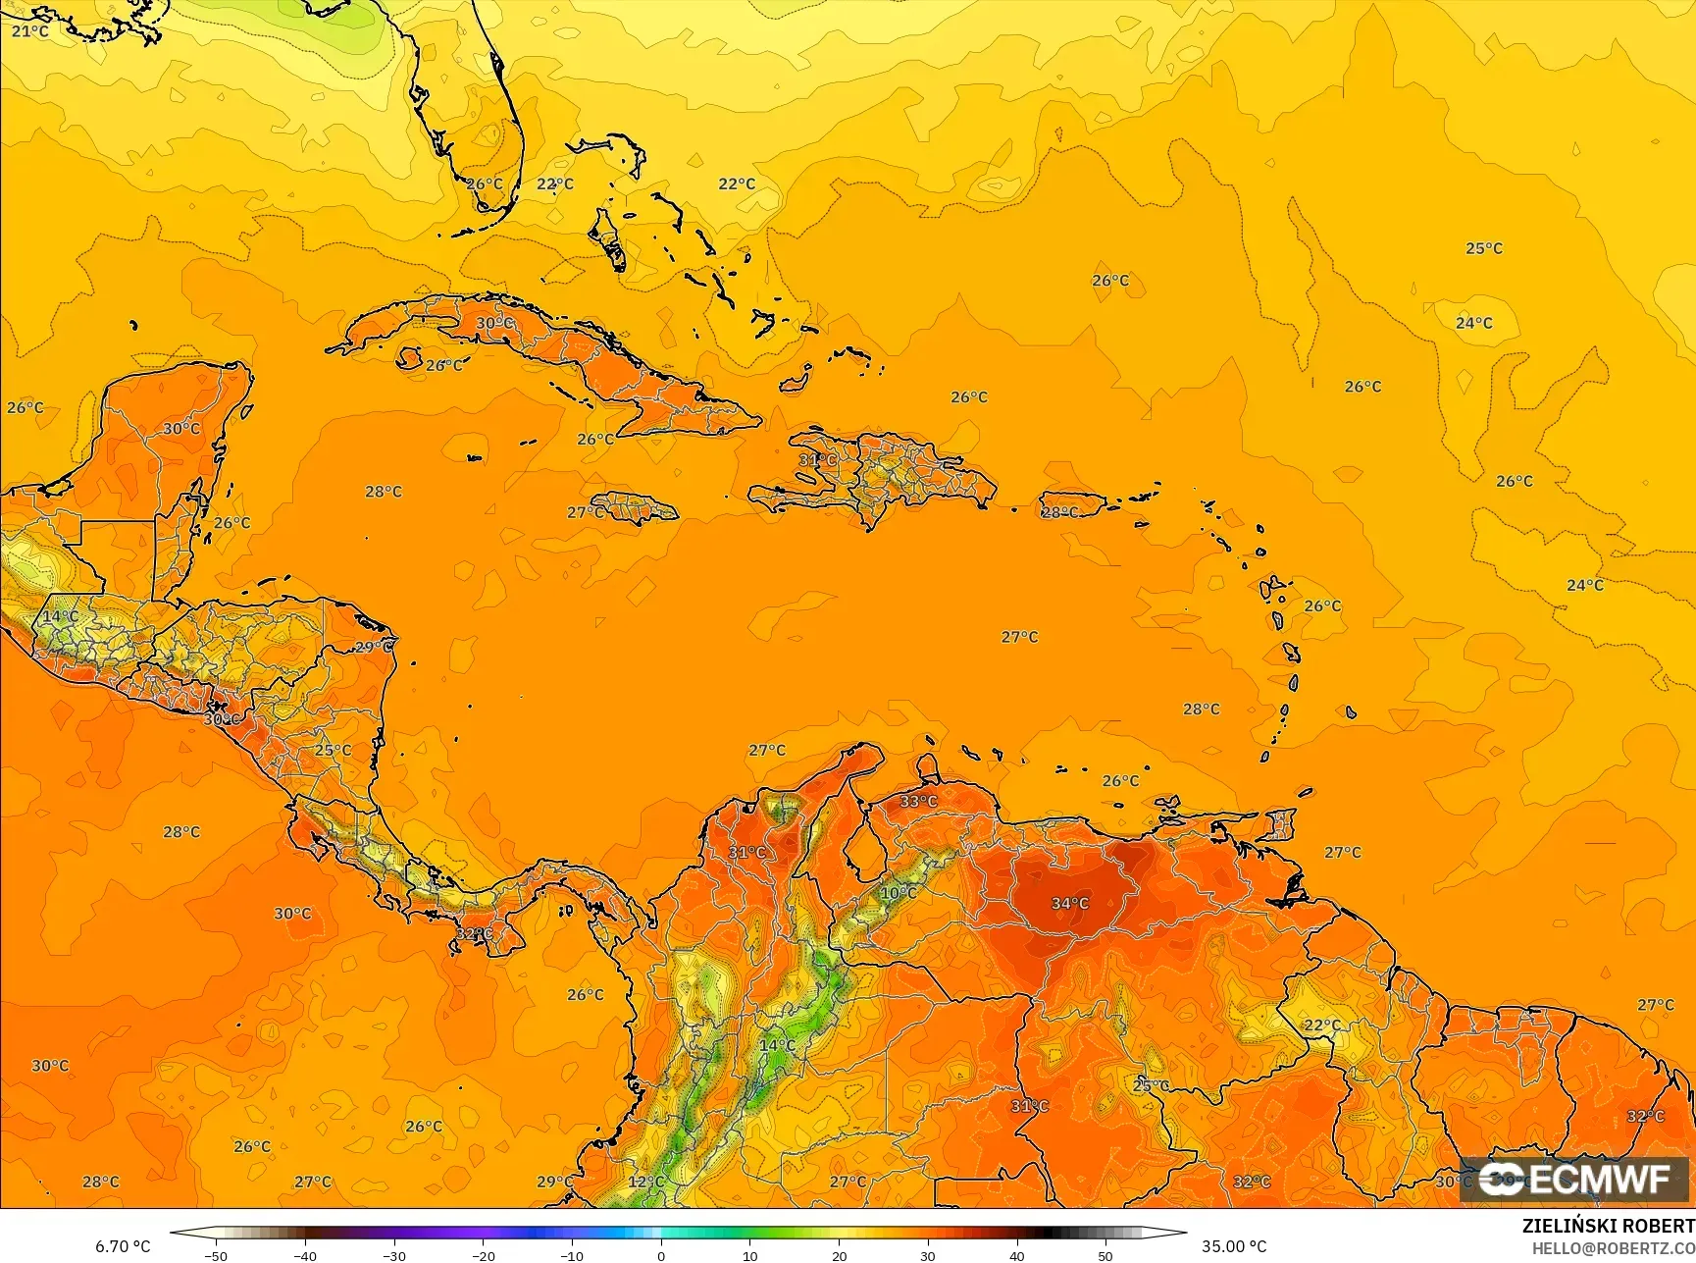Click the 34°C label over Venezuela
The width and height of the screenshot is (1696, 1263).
(x=1069, y=903)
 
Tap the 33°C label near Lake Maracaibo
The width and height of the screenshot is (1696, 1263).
(x=918, y=801)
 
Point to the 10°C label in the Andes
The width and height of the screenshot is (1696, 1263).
(x=898, y=893)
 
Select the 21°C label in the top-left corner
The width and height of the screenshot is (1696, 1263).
(x=29, y=31)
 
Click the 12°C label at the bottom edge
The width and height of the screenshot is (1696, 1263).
(x=645, y=1182)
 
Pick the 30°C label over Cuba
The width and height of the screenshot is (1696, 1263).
(x=494, y=323)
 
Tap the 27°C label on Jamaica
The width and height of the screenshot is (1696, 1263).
(x=586, y=512)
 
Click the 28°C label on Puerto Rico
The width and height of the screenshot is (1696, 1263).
(x=1059, y=512)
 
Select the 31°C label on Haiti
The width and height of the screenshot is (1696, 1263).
(x=817, y=459)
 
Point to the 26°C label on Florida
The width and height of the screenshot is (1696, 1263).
(x=484, y=184)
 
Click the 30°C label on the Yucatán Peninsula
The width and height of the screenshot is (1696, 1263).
(x=181, y=429)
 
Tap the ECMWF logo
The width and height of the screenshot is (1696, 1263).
(x=1573, y=1180)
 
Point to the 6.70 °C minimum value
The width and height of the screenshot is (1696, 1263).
(x=123, y=1246)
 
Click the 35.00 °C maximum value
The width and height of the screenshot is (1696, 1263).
(x=1234, y=1246)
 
